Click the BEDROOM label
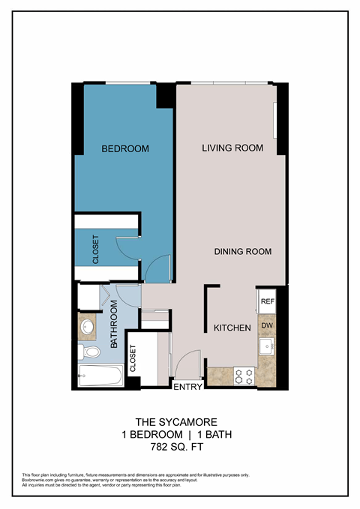125,149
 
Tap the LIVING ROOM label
232,148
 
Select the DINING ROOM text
242,252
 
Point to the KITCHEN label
232,328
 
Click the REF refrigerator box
266,301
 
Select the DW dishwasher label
266,327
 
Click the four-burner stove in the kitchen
243,375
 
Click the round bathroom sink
88,328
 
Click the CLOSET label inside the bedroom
96,250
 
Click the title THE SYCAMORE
168,421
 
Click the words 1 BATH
198,434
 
